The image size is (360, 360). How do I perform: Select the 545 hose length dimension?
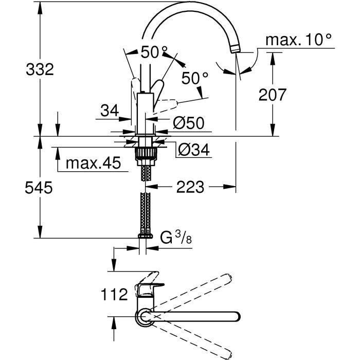point(39,189)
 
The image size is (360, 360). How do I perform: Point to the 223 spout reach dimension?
point(191,186)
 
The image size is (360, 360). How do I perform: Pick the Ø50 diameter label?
point(188,122)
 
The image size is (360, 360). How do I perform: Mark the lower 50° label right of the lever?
point(195,78)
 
